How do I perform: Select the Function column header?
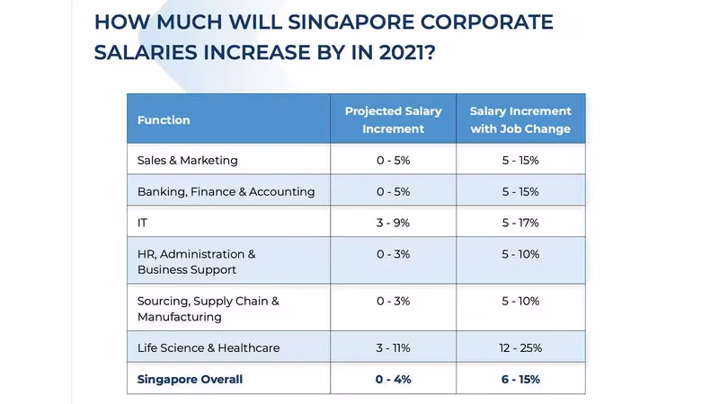point(164,120)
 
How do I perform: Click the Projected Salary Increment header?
point(393,120)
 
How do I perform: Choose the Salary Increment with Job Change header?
point(520,120)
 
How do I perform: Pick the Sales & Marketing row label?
point(188,161)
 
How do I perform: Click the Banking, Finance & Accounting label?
point(226,191)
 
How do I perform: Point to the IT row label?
point(143,223)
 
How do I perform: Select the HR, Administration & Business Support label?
point(197,262)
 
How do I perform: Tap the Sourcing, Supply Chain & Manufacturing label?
point(209,309)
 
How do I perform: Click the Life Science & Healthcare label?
point(209,348)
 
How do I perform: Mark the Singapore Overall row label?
point(190,380)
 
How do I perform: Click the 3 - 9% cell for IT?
point(393,223)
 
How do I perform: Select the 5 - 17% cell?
point(520,223)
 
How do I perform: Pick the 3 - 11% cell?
point(393,348)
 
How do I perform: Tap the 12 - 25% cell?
point(520,348)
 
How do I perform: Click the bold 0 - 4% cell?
point(393,380)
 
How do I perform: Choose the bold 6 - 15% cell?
point(520,380)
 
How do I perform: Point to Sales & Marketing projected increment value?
point(393,161)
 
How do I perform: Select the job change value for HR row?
point(520,255)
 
